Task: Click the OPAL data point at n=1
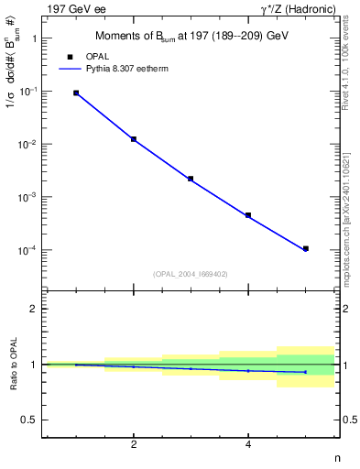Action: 76,93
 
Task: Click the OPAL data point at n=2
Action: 134,139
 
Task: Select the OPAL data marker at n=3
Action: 191,179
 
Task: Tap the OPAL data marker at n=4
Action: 248,215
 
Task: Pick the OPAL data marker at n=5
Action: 306,248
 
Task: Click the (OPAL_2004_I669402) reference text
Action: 190,273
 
